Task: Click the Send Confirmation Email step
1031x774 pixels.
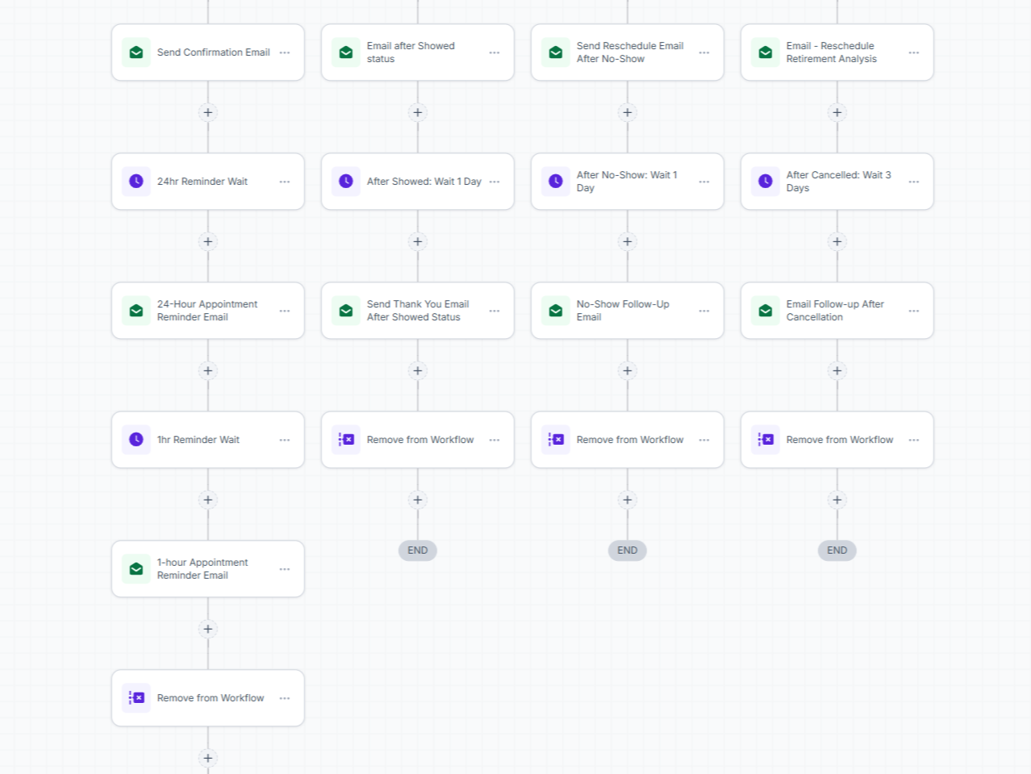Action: (207, 52)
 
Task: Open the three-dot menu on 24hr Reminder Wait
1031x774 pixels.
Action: (285, 182)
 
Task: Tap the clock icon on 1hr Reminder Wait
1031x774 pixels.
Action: (136, 439)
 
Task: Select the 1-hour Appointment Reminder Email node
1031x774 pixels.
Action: (207, 569)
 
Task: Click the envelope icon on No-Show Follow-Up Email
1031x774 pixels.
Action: (556, 311)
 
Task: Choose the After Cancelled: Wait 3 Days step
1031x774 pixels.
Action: (837, 182)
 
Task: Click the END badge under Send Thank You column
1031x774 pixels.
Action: (418, 550)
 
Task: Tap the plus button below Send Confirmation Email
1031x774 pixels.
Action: (208, 113)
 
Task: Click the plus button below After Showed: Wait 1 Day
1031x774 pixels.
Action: (418, 242)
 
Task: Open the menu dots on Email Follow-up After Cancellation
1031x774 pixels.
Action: (913, 311)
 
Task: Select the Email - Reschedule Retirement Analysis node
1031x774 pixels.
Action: (837, 52)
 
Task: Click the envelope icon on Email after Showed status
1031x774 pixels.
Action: (346, 52)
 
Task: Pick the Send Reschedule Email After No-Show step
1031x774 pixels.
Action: (627, 52)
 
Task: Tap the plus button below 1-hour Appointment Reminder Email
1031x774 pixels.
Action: (208, 630)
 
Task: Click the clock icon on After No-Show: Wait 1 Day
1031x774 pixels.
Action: (556, 182)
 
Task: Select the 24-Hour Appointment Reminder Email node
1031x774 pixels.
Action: (207, 311)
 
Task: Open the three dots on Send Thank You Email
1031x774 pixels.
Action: (495, 311)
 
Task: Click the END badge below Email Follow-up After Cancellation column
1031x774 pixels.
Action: (837, 550)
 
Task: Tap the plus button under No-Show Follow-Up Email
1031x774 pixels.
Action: (627, 371)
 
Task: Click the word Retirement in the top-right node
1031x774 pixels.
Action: (810, 59)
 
